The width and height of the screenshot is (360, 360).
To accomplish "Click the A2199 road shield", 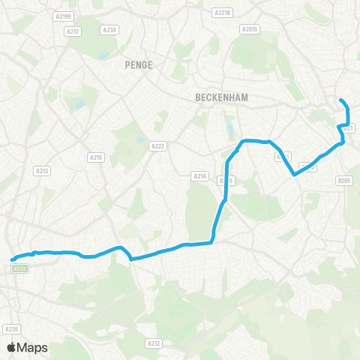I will coord(62,15).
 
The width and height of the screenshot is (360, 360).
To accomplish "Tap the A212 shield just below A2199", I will coord(73,31).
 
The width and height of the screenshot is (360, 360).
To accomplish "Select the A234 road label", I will coord(110,29).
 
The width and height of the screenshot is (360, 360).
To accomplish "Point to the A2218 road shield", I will coord(222,13).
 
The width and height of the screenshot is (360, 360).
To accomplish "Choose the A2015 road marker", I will coord(249,29).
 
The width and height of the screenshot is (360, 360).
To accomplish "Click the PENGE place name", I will coord(139,65).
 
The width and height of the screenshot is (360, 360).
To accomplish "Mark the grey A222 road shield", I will coord(157,146).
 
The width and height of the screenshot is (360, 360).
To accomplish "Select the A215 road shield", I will coord(95,157).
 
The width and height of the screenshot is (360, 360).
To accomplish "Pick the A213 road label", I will coord(42,171).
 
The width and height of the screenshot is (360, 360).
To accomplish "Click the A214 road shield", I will coord(199,175).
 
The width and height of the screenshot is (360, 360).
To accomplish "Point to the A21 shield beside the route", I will coord(348,128).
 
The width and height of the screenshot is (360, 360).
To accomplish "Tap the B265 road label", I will coord(344,180).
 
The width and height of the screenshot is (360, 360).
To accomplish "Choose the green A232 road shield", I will coord(20,267).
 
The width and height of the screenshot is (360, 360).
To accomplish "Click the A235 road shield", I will coord(10,329).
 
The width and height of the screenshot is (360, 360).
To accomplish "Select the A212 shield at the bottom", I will coord(153,343).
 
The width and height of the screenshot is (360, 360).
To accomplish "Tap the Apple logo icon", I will coord(11,347).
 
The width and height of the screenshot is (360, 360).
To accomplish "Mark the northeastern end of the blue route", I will coord(341,100).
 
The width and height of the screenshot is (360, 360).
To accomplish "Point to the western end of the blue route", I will coord(13,260).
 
